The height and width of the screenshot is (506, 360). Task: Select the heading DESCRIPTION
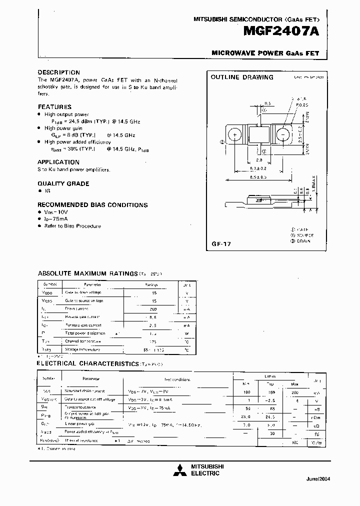pos(58,72)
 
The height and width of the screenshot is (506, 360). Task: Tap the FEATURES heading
pos(54,106)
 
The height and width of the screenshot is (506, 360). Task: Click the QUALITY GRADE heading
pos(63,183)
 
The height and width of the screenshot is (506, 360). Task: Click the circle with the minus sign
pos(283,135)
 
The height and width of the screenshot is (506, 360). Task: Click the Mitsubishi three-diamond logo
pos(178,470)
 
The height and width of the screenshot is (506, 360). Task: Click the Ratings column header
pos(151,283)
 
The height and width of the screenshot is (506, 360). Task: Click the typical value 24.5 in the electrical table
pos(270,416)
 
